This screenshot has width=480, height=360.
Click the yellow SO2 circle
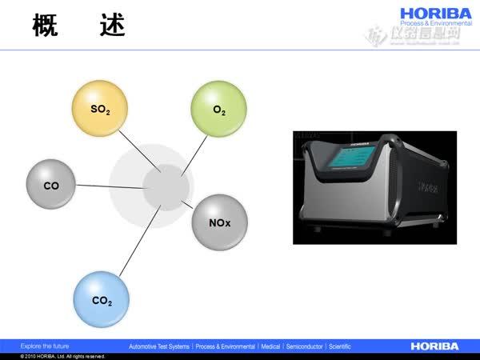point(99,108)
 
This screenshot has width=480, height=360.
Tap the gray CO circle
point(52,185)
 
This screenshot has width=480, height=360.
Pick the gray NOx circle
point(219,221)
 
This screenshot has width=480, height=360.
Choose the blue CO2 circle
point(102,300)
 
